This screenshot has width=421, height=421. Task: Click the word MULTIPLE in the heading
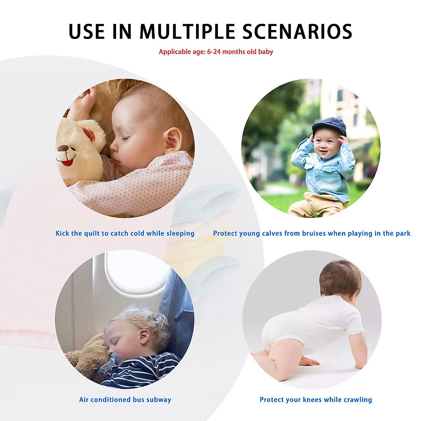(x=187, y=32)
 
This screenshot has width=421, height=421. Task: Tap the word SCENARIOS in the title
(x=297, y=32)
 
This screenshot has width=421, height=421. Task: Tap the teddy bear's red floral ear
(x=89, y=134)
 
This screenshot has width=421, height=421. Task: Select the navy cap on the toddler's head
(x=329, y=126)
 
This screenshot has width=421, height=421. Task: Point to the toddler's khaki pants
(x=317, y=205)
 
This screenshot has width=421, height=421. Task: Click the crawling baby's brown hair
(x=340, y=278)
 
